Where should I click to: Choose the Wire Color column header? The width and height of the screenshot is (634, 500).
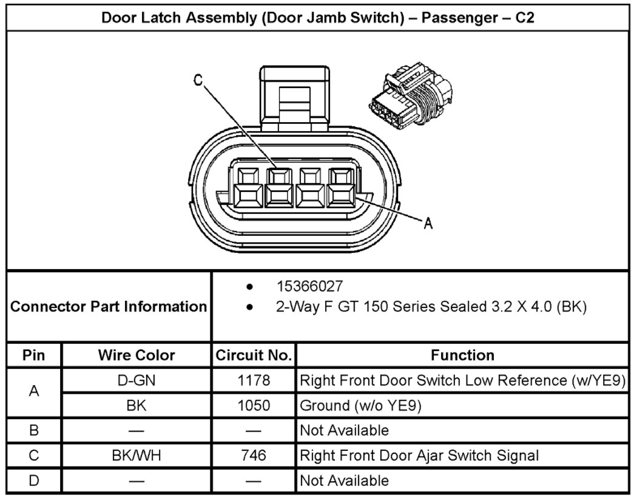pos(137,355)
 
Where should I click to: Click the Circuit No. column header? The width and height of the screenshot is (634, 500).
pos(254,355)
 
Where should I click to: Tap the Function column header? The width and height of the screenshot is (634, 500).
pos(462,355)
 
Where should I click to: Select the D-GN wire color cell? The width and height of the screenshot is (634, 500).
pos(137,381)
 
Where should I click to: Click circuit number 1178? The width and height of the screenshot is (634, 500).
pos(254,381)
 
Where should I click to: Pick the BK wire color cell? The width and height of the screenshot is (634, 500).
pos(137,405)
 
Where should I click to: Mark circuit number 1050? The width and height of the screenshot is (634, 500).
pos(254,405)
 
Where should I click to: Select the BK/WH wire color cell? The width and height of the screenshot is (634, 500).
pos(137,455)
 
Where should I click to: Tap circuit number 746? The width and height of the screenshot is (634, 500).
pos(254,455)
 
